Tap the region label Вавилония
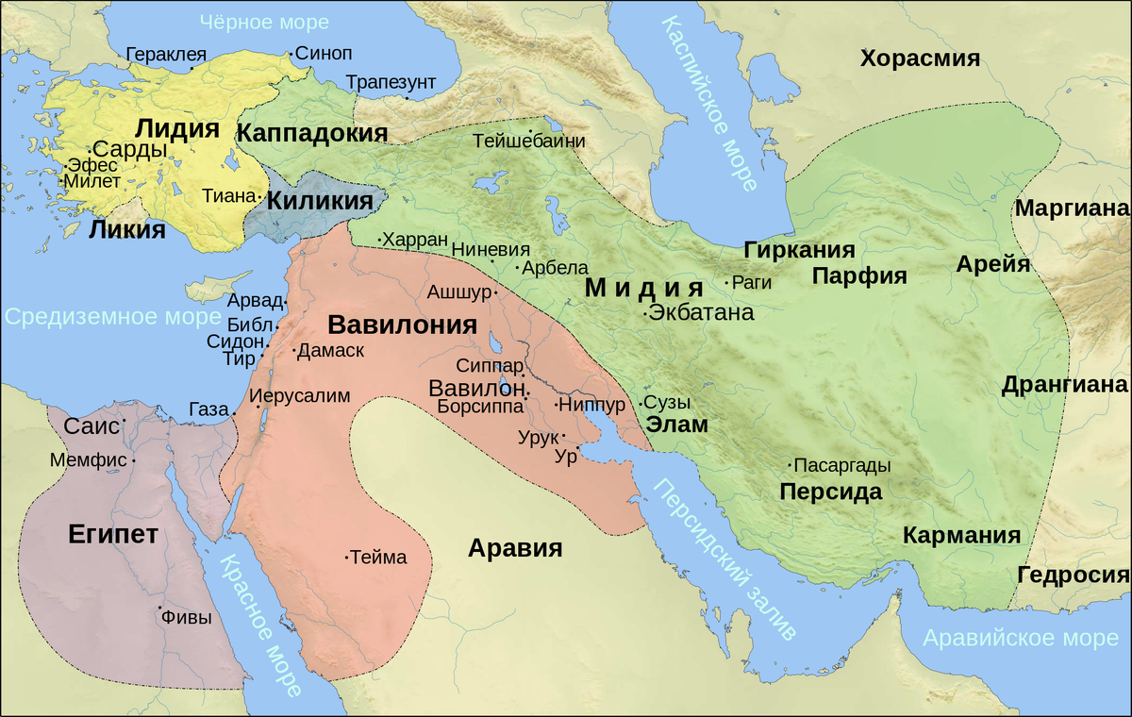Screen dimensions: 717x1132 pyautogui.click(x=401, y=325)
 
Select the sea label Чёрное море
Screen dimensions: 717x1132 pyautogui.click(x=266, y=21)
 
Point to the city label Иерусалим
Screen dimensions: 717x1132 pyautogui.click(x=301, y=396)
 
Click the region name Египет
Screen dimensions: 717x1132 pyautogui.click(x=112, y=534)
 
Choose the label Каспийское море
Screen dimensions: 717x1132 pyautogui.click(x=709, y=104)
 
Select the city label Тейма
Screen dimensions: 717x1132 pyautogui.click(x=378, y=558)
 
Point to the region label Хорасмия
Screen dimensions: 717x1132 pyautogui.click(x=920, y=58)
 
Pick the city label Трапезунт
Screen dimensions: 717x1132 pyautogui.click(x=391, y=82)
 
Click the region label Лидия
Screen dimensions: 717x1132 pyautogui.click(x=177, y=128)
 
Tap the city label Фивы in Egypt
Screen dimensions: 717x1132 pyautogui.click(x=186, y=618)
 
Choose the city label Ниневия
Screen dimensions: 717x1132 pyautogui.click(x=491, y=250)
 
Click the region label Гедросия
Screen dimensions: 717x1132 pyautogui.click(x=1074, y=575)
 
